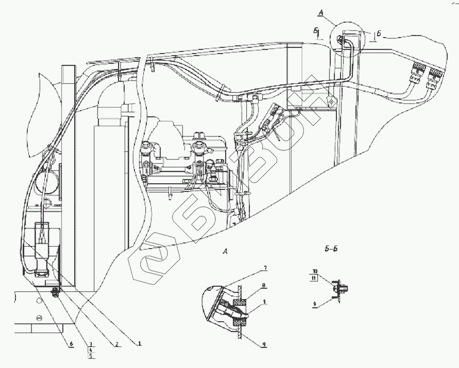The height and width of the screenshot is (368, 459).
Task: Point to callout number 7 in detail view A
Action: click(265, 268)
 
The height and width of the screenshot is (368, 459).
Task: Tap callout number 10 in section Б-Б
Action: click(315, 270)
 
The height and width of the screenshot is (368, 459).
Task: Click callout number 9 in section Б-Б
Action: click(314, 304)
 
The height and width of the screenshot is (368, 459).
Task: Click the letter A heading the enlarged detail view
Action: click(225, 252)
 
